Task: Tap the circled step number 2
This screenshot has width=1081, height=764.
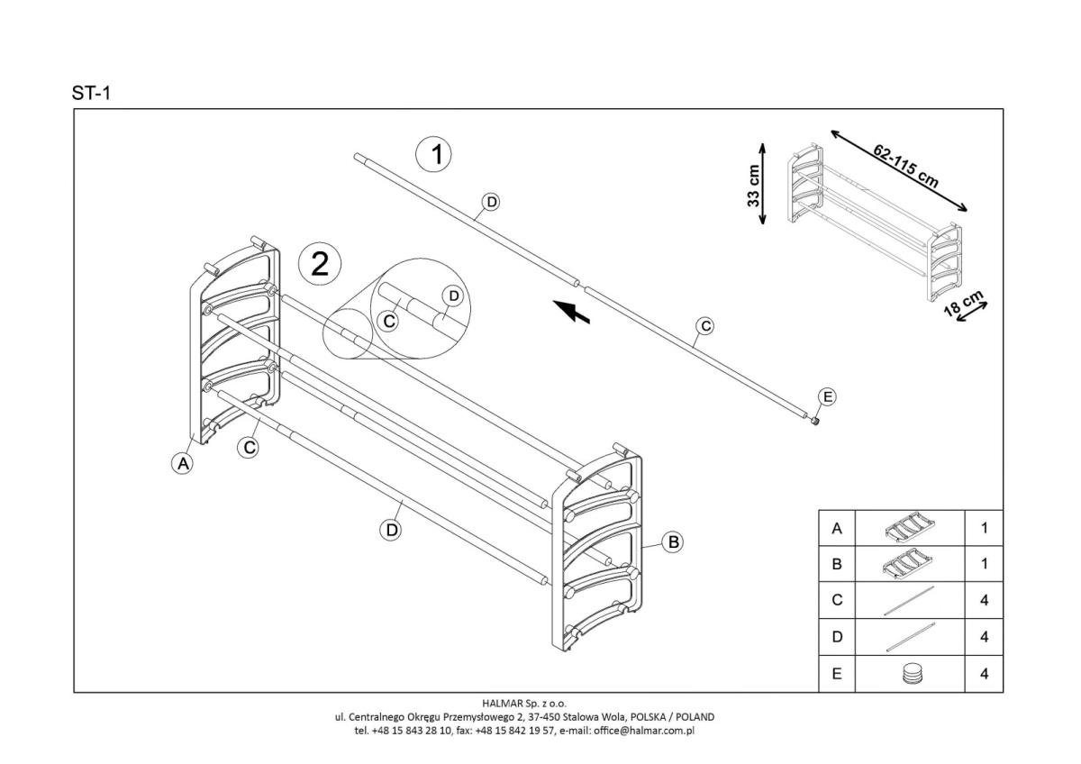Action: point(320,264)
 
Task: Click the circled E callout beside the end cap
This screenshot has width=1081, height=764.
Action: point(826,397)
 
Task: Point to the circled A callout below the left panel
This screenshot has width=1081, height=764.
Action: point(183,464)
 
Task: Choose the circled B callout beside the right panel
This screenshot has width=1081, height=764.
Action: point(673,541)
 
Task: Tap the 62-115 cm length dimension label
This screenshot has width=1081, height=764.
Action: point(905,166)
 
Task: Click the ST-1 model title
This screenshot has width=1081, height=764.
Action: point(91,93)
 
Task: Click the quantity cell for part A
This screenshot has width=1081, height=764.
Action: point(984,529)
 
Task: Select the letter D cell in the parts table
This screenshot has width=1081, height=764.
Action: point(837,637)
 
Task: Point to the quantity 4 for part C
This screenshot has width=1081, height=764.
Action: point(984,601)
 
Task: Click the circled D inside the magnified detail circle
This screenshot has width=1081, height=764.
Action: point(453,296)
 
